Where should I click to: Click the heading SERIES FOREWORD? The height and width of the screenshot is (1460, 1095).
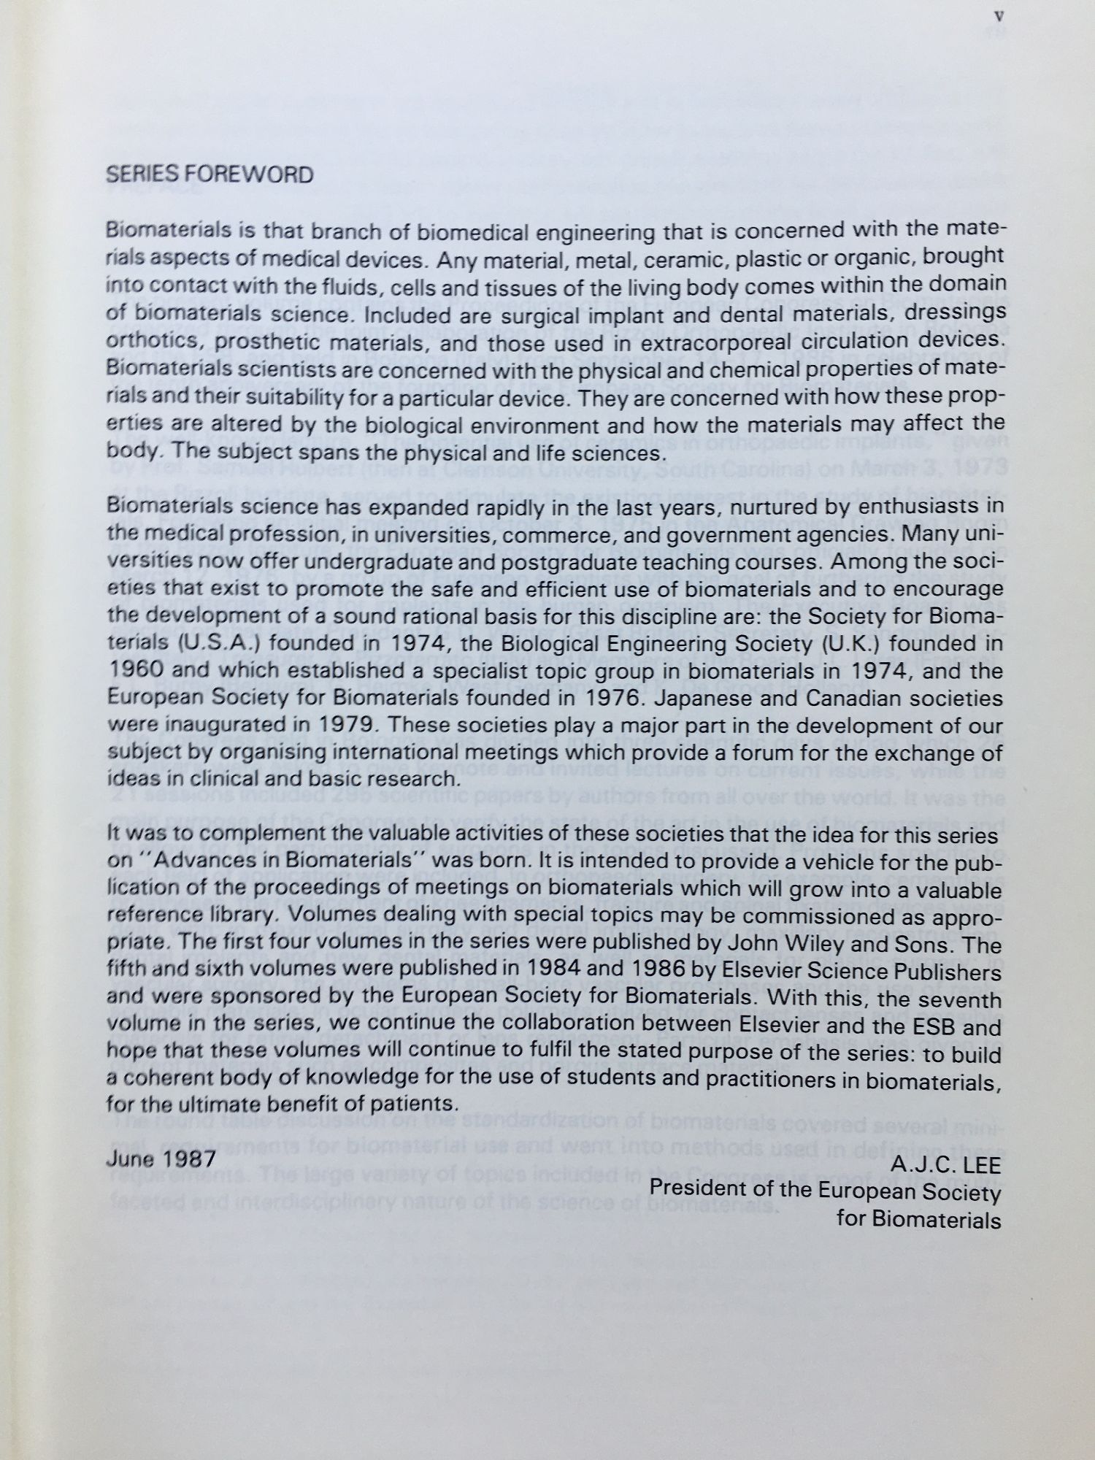[210, 174]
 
